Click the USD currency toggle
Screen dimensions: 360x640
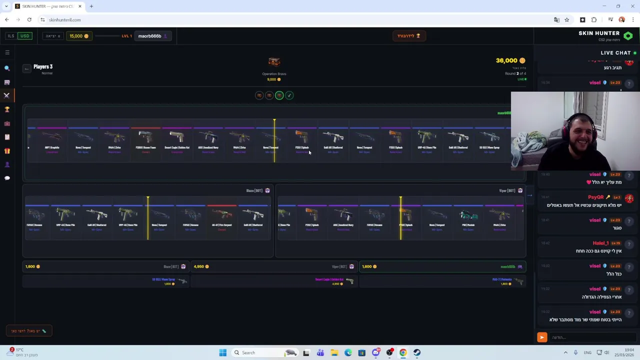click(24, 36)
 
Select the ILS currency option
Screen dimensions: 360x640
click(10, 36)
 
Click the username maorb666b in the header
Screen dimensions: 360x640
click(149, 36)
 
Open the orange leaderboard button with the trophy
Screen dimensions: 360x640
click(408, 36)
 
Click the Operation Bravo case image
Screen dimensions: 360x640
click(274, 62)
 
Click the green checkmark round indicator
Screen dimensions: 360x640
click(289, 95)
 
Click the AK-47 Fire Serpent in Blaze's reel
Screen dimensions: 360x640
click(222, 216)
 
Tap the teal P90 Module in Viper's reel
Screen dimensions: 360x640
click(468, 216)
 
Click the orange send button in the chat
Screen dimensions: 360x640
click(541, 337)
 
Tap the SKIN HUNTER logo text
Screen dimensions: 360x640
click(599, 33)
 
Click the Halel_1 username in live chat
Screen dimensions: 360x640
click(600, 243)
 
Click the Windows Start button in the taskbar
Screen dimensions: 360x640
click(223, 352)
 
